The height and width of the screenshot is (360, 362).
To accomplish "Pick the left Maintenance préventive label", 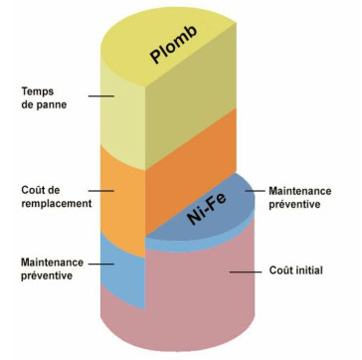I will point(46,270).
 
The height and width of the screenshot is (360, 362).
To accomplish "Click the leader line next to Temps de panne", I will point(100,96).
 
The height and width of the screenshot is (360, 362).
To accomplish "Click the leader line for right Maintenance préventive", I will point(250,189).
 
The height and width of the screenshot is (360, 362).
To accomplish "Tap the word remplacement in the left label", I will point(56,203).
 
